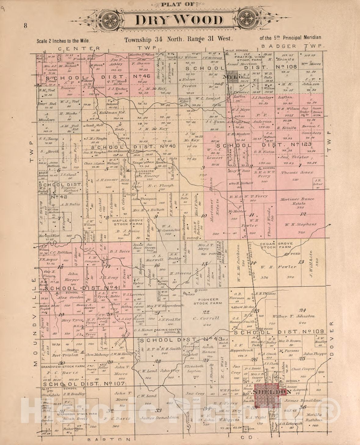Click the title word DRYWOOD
coord(179,20)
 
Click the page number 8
coord(26,26)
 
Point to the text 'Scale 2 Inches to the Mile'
coord(63,40)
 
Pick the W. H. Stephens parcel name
coord(301,224)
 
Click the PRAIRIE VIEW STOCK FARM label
coord(250,59)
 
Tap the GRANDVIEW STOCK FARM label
coord(63,366)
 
